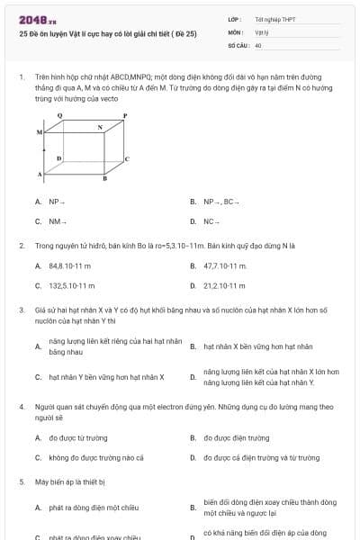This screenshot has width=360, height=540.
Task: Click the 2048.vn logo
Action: point(37,17)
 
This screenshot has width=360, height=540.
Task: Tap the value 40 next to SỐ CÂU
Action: point(258,44)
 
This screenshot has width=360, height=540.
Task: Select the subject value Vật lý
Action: point(260,31)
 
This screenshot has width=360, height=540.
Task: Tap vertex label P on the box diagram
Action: point(124,116)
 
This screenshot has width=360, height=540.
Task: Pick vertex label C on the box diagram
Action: point(126,158)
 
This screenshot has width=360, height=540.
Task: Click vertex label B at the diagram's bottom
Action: point(104,179)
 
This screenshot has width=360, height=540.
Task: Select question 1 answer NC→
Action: point(212,220)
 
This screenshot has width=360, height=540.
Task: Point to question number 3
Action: point(20,310)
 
